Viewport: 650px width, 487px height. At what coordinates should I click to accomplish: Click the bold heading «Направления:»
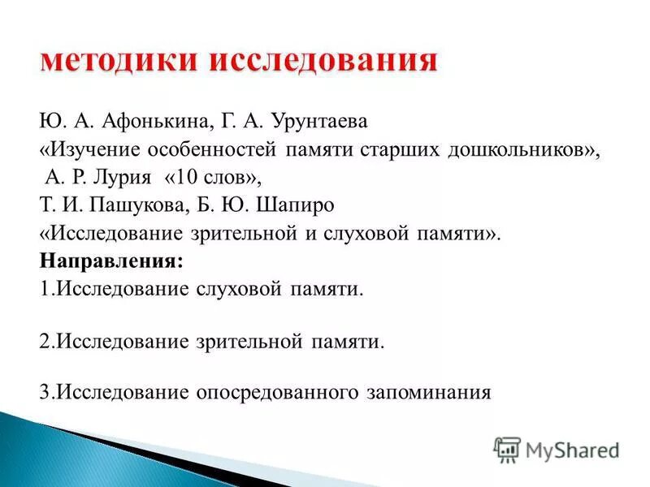(x=111, y=262)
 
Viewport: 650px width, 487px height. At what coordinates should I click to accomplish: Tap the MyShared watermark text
(x=572, y=450)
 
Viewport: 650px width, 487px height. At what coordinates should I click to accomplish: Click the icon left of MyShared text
(x=506, y=450)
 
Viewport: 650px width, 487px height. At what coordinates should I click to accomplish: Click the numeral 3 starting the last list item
(x=43, y=393)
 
